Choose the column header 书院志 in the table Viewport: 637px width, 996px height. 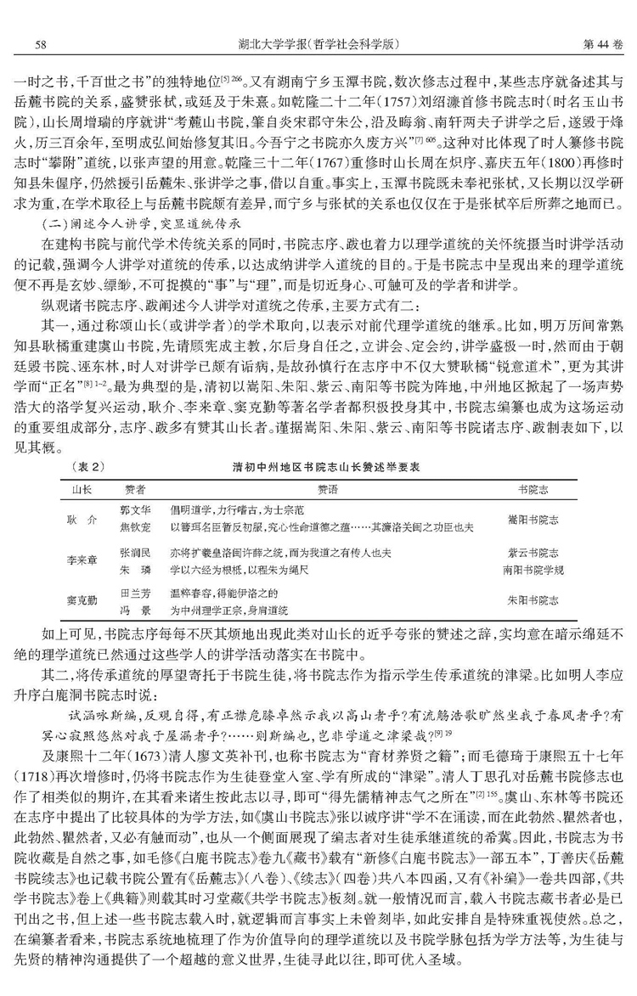pos(533,490)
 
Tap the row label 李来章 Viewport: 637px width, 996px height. pos(78,560)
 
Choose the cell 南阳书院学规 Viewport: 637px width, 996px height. pos(533,568)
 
